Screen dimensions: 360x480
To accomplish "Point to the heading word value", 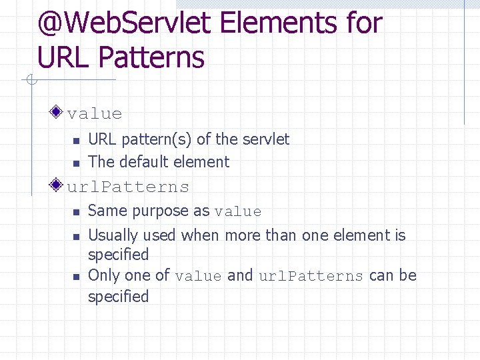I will point(95,114).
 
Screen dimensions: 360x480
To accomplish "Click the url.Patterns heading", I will point(128,187).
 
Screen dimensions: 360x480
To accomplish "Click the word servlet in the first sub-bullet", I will point(266,139).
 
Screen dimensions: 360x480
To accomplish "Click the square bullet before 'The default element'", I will point(76,163).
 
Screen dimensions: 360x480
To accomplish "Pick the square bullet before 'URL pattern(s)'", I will point(76,140).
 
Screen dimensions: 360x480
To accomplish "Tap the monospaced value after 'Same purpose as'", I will point(238,212).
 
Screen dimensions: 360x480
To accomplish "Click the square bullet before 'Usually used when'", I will point(76,236).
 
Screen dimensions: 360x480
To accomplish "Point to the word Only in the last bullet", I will point(103,275).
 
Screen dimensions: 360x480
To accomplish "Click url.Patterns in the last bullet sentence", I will point(311,276).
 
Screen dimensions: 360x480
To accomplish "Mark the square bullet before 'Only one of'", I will point(76,276).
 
